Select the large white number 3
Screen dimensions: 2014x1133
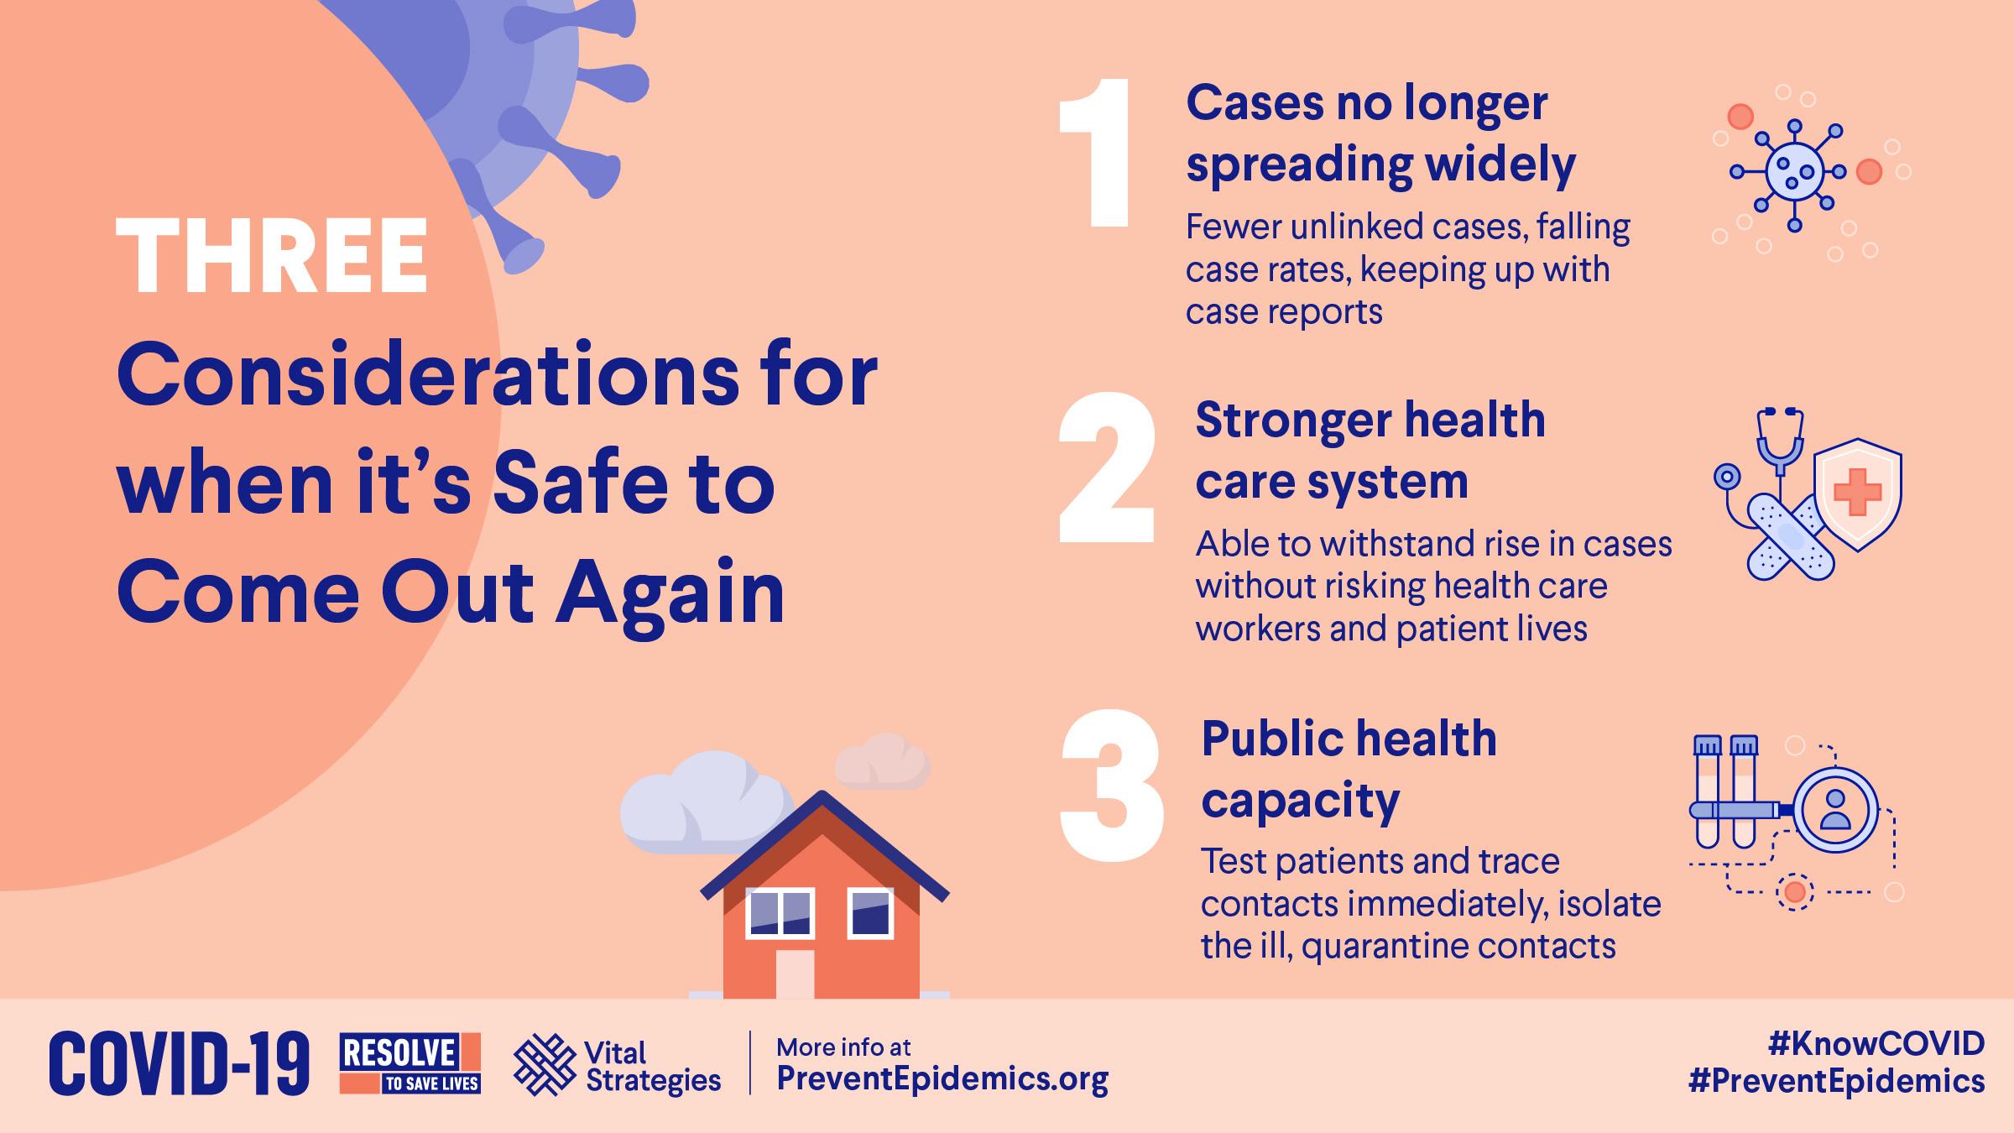pyautogui.click(x=1112, y=786)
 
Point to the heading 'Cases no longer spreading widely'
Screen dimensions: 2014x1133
pyautogui.click(x=1380, y=134)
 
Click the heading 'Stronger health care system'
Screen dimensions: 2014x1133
pyautogui.click(x=1370, y=450)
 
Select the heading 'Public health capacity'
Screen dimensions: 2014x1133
pyautogui.click(x=1349, y=769)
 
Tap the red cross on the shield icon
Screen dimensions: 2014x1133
pyautogui.click(x=1858, y=492)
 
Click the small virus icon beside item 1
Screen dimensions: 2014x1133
pyautogui.click(x=1795, y=171)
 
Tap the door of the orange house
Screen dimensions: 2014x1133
pyautogui.click(x=794, y=974)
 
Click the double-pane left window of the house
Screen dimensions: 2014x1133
pyautogui.click(x=780, y=914)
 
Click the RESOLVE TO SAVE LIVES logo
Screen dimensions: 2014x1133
pyautogui.click(x=410, y=1063)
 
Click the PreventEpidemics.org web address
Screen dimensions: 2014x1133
pyautogui.click(x=942, y=1078)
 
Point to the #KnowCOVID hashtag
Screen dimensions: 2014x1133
pyautogui.click(x=1876, y=1043)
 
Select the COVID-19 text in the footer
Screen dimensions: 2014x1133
pyautogui.click(x=179, y=1064)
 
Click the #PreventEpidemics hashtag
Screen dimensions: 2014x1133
pyautogui.click(x=1836, y=1081)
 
